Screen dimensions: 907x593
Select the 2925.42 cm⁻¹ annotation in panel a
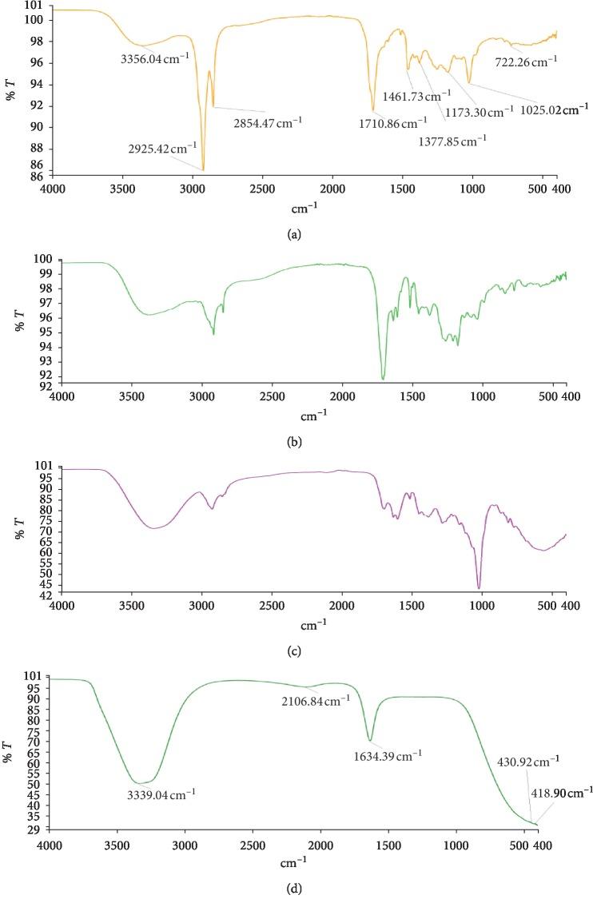pyautogui.click(x=161, y=149)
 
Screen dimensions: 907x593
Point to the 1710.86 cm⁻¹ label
pyautogui.click(x=393, y=123)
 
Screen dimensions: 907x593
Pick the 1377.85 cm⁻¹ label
pyautogui.click(x=452, y=141)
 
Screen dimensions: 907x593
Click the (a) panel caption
pyautogui.click(x=297, y=233)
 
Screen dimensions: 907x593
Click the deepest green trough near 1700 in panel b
pyautogui.click(x=384, y=379)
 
